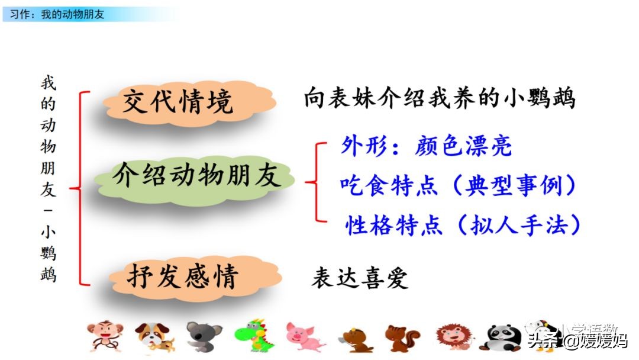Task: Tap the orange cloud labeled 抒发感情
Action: (182, 277)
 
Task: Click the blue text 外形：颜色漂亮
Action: (426, 146)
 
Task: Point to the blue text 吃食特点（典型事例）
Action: (459, 185)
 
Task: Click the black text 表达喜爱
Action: (360, 278)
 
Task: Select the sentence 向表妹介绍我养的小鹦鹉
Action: (440, 98)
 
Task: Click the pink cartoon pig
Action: (304, 336)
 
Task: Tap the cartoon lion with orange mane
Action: (453, 336)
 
